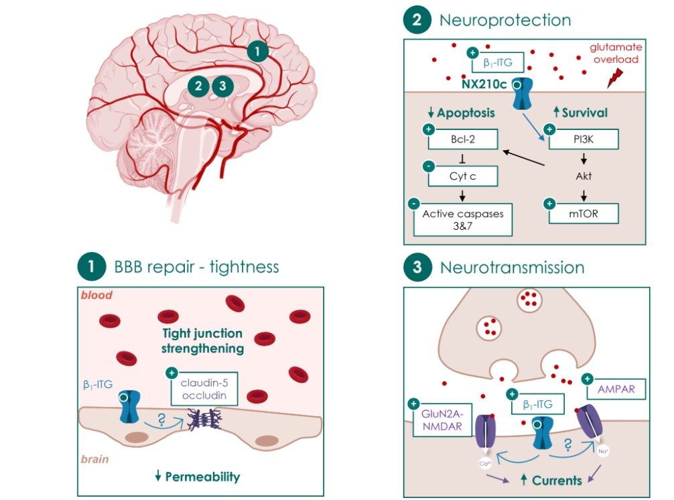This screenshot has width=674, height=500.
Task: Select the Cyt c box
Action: (462, 176)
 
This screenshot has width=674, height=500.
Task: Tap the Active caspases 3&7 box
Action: (462, 220)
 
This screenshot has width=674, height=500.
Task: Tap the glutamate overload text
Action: (615, 53)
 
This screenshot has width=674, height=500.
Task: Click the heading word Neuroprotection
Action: (504, 20)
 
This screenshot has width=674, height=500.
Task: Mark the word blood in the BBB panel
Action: (96, 296)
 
